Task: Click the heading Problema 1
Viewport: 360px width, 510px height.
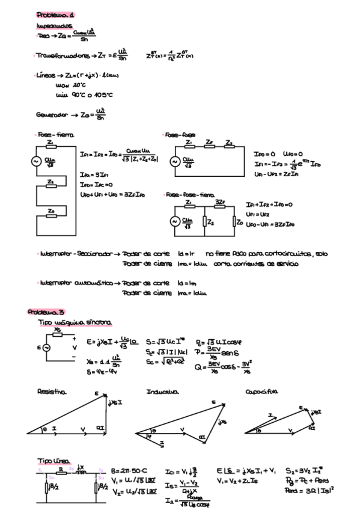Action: [x=55, y=14]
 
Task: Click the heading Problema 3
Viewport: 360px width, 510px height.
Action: [x=45, y=312]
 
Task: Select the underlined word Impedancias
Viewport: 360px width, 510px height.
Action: [x=55, y=26]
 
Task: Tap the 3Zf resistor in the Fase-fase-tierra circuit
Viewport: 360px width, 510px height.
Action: [x=220, y=207]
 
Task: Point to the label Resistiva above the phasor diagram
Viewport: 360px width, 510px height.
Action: [x=52, y=392]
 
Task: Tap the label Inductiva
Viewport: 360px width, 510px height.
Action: [x=160, y=392]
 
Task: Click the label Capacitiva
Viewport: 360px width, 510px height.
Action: [x=261, y=392]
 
